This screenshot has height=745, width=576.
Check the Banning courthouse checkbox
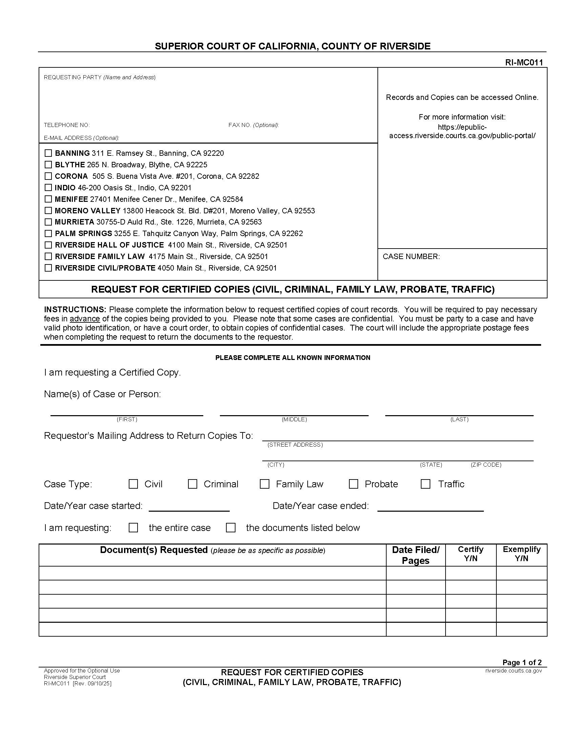(x=48, y=153)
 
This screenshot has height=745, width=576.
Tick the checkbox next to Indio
(x=48, y=188)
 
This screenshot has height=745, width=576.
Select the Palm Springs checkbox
(x=48, y=233)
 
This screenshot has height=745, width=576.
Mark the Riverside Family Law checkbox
(x=48, y=256)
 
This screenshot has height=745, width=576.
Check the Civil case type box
(x=133, y=484)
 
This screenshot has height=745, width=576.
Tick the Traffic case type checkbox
(x=425, y=484)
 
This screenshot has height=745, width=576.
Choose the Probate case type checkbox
(x=353, y=484)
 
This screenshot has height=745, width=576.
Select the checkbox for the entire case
(x=133, y=528)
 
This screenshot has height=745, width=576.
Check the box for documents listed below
(x=231, y=528)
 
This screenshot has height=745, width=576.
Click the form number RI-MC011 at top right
(x=524, y=62)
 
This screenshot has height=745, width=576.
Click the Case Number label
(x=411, y=257)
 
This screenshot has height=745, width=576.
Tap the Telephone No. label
(x=67, y=125)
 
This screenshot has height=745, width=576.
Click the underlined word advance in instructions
(x=85, y=319)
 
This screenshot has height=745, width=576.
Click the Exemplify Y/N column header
(x=521, y=554)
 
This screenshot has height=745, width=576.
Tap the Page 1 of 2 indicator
(x=522, y=662)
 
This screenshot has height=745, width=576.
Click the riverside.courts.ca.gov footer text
(x=513, y=670)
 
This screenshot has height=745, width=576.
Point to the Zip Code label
(x=486, y=465)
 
